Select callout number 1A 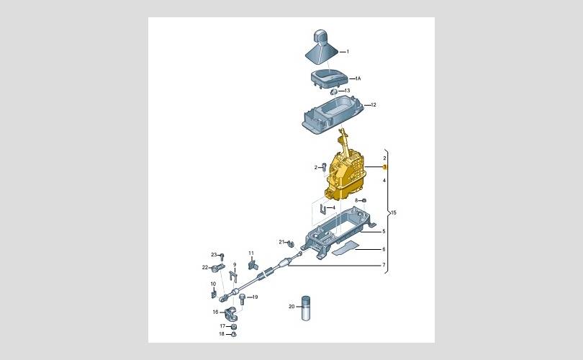pos(358,78)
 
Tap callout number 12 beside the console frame pos(374,105)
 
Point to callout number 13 pos(347,91)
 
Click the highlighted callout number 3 pos(385,167)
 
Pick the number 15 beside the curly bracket pos(394,212)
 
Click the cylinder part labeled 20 pos(306,308)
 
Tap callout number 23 pos(214,255)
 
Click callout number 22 pos(205,267)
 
